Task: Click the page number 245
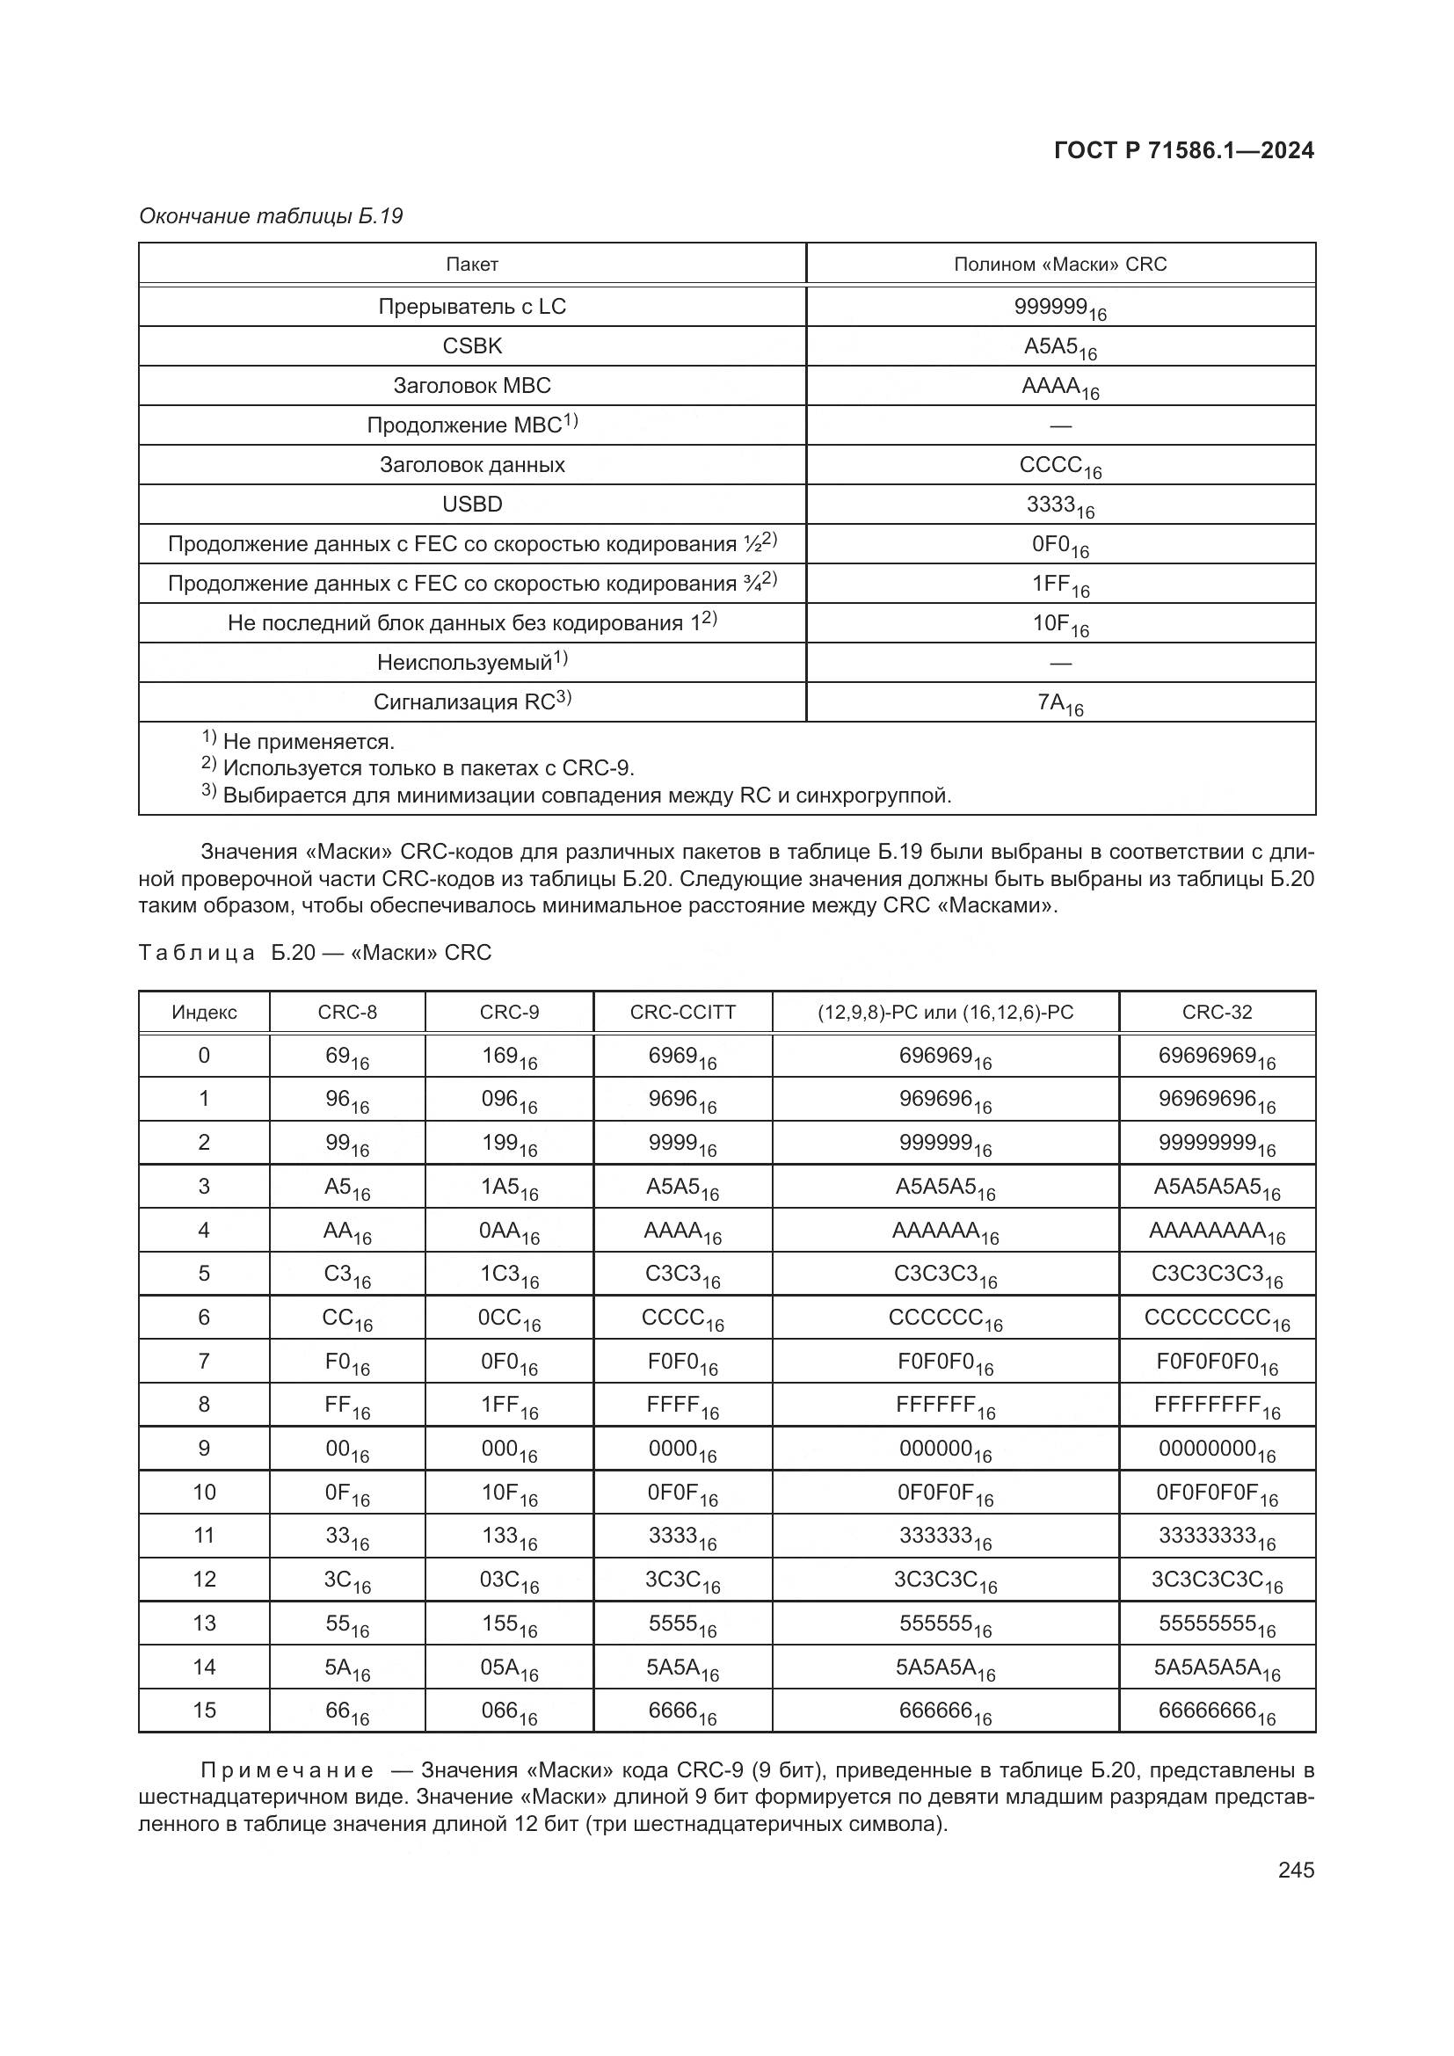tap(1296, 1870)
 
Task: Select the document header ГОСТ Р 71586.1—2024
tap(1183, 150)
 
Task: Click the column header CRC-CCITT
tap(682, 1013)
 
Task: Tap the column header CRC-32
tap(1217, 1013)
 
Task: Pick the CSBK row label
tap(472, 346)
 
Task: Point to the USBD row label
tap(472, 505)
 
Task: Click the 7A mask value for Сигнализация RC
tap(1060, 704)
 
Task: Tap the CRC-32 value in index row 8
tap(1217, 1406)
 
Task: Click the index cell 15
tap(204, 1711)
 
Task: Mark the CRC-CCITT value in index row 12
tap(682, 1580)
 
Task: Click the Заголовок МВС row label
tap(472, 386)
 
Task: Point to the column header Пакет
tap(472, 265)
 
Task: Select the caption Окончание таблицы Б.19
tap(272, 216)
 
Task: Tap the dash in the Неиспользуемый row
tap(1060, 664)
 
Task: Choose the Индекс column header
tap(204, 1013)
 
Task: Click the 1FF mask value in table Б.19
tap(1060, 585)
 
